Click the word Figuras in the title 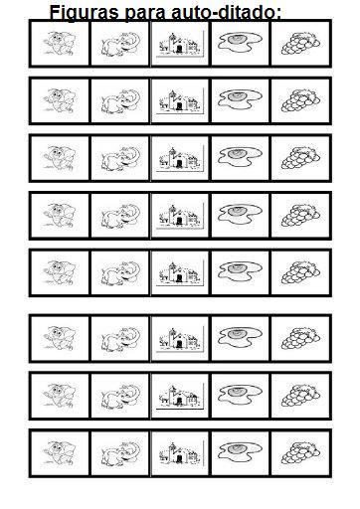point(84,13)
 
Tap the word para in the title point(145,13)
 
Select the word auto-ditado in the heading point(227,13)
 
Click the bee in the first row point(60,43)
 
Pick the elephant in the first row point(120,44)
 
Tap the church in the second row point(180,100)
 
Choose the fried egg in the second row point(240,99)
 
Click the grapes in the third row point(300,157)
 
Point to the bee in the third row point(60,158)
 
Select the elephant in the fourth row point(120,216)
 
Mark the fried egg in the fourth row point(240,214)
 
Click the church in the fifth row point(180,272)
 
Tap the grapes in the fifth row point(300,272)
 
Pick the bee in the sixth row point(60,338)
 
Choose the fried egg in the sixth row point(240,337)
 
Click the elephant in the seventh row point(120,396)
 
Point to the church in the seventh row point(180,396)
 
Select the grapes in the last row point(300,452)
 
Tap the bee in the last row point(60,452)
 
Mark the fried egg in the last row point(240,451)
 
